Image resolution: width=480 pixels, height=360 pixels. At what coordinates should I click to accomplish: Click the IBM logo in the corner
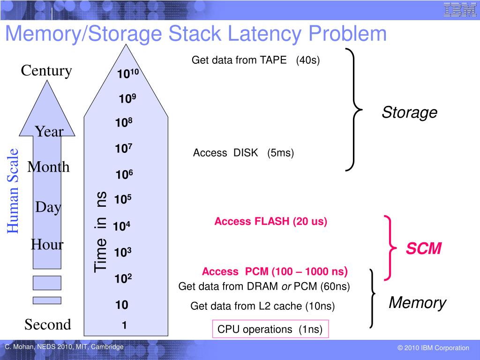(x=460, y=10)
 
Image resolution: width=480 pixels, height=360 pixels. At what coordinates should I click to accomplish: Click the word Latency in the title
(x=257, y=34)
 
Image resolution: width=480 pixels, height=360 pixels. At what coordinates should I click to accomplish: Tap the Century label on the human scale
(x=46, y=71)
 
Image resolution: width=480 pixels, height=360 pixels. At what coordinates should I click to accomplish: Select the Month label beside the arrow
(x=48, y=167)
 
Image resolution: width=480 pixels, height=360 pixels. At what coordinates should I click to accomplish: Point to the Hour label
(x=47, y=244)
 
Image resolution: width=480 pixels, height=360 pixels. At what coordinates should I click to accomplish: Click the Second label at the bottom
(x=48, y=324)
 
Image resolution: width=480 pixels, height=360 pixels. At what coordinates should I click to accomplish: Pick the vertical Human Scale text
(x=13, y=190)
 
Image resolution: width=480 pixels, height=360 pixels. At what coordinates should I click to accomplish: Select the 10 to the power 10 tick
(x=128, y=74)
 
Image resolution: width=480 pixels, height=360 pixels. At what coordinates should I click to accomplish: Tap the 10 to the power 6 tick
(x=124, y=175)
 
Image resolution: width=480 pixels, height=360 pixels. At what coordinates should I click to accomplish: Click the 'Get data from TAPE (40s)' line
(x=255, y=60)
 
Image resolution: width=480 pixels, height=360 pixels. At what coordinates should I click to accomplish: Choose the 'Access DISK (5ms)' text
(x=243, y=153)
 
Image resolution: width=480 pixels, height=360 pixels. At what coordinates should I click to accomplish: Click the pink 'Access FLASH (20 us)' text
(x=270, y=222)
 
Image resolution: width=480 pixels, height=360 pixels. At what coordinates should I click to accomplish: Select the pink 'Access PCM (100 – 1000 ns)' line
(x=275, y=272)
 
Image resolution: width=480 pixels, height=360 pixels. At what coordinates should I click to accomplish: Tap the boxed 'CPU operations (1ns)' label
(x=270, y=330)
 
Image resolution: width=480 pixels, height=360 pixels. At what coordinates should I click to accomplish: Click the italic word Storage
(x=409, y=112)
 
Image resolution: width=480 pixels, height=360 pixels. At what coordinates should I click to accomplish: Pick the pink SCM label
(x=423, y=249)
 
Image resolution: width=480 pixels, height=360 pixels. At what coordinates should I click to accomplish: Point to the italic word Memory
(x=417, y=303)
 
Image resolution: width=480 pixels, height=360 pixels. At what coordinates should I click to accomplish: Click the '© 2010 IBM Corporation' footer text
(x=433, y=348)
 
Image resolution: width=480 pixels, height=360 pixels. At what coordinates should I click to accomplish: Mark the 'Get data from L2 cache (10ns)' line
(x=262, y=307)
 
